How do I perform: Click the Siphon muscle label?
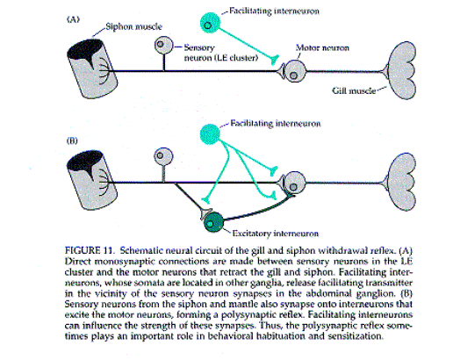pos(133,26)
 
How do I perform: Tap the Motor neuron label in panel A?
pos(322,47)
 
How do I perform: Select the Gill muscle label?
pos(354,90)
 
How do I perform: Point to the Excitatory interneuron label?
pos(275,234)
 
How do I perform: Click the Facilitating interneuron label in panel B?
pos(276,124)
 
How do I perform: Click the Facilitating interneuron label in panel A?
pos(274,11)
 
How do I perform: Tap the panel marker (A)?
pos(73,19)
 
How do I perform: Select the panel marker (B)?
pos(72,140)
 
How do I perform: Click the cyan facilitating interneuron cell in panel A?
pos(210,23)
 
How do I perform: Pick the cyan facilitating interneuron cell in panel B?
pos(210,134)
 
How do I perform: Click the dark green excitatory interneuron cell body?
pos(214,222)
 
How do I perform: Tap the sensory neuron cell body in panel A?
pos(164,45)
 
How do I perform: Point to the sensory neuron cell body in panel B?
pos(163,156)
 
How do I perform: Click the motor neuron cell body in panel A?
pos(295,71)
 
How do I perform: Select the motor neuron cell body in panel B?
pos(295,183)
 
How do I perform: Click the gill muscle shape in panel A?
pos(401,71)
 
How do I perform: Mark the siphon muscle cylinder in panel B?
pos(92,180)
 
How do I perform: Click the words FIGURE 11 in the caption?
pos(89,251)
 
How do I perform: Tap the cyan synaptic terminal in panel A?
pos(275,60)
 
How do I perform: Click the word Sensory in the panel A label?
pos(199,47)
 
